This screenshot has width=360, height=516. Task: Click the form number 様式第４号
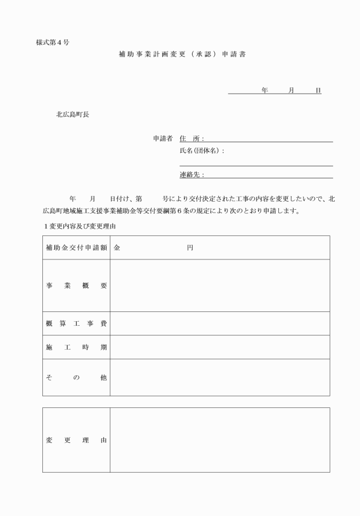(53, 43)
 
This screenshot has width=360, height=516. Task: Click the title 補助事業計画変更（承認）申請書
(182, 55)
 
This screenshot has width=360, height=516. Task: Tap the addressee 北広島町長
(72, 114)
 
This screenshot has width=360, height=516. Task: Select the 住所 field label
(191, 138)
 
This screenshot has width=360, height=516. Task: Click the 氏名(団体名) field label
(202, 151)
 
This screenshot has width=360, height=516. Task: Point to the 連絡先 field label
(191, 175)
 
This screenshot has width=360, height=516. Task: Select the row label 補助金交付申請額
(76, 248)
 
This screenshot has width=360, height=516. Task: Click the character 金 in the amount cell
(117, 248)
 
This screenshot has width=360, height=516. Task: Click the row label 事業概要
(76, 286)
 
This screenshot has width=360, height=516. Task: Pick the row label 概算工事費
(76, 324)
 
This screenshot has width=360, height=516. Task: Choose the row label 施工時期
(76, 347)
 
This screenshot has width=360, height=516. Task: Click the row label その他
(76, 378)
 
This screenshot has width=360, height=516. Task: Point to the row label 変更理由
(76, 441)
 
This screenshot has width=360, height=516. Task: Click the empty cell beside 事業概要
(219, 286)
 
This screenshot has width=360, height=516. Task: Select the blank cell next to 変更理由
(219, 440)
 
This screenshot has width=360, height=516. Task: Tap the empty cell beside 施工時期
(219, 347)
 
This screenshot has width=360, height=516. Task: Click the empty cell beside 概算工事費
(219, 324)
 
